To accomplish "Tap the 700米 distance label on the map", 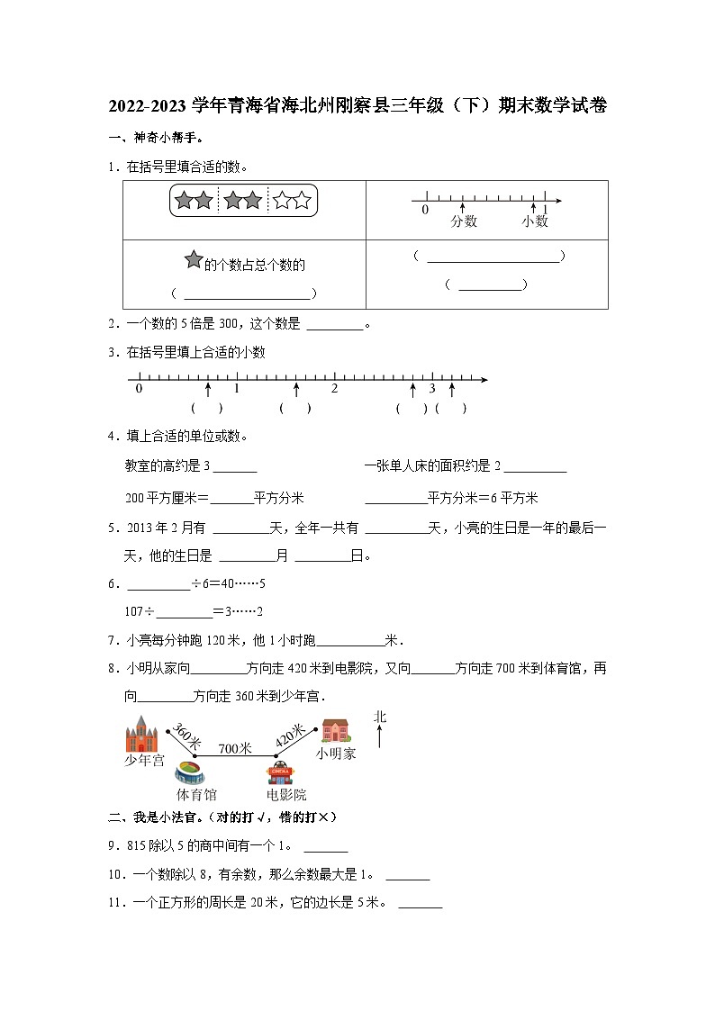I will click(234, 747).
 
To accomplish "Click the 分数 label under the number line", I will click(464, 221).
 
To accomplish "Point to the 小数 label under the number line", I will click(534, 221).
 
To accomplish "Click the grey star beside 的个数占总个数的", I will click(193, 260).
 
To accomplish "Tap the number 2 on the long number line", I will click(334, 389).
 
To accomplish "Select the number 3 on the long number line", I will click(431, 389).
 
